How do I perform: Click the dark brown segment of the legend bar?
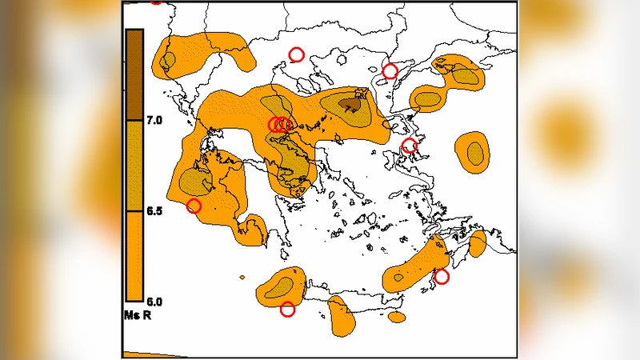[x=134, y=75]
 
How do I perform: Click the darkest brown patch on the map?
[x=350, y=104]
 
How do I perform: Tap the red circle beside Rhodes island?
[x=441, y=277]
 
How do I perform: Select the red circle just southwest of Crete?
[x=287, y=310]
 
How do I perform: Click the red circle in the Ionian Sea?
[x=194, y=206]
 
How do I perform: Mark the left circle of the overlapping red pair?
[x=274, y=124]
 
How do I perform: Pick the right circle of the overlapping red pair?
[x=284, y=124]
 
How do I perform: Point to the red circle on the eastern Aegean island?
[x=409, y=146]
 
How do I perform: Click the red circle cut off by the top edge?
[x=156, y=1]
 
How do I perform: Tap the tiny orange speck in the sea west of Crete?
[x=242, y=278]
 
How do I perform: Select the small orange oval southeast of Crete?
[x=397, y=317]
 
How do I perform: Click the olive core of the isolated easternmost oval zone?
[x=475, y=151]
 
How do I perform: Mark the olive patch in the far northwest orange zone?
[x=168, y=61]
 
